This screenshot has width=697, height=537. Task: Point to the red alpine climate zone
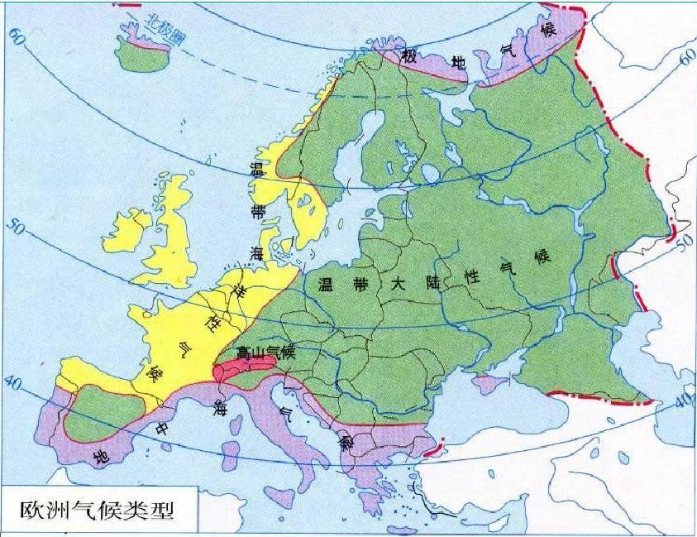(240, 369)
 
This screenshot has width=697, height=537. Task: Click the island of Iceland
(137, 55)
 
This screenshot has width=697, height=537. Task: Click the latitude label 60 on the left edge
(17, 36)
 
